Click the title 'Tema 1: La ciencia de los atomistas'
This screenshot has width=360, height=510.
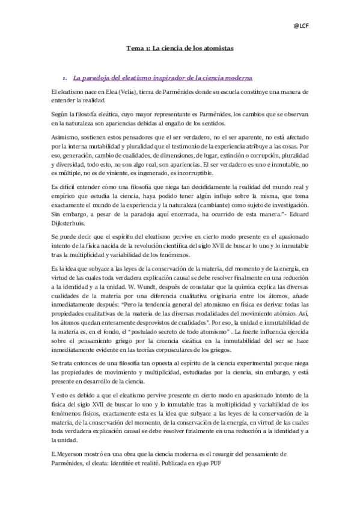point(180,47)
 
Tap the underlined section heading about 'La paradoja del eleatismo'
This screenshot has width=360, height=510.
point(163,78)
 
